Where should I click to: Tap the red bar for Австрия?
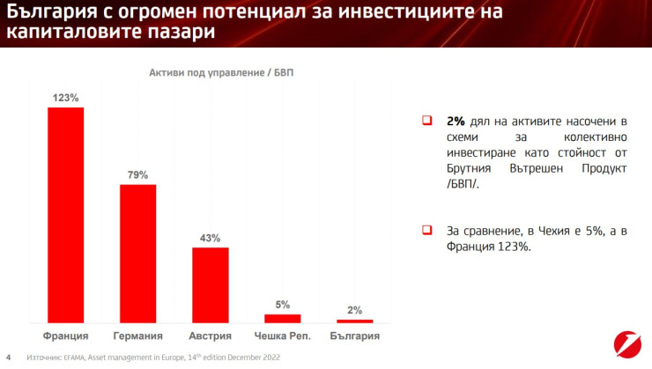210,284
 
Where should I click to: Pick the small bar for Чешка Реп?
282,317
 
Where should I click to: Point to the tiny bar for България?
354,321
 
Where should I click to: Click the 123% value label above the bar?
65,98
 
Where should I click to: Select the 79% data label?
137,175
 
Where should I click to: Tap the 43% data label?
210,238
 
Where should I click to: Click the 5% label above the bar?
282,305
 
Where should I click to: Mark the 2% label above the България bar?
354,310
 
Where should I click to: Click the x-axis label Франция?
65,336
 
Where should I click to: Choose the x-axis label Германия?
137,336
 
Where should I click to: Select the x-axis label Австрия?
210,336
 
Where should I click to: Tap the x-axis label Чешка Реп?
282,336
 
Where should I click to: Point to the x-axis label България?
354,336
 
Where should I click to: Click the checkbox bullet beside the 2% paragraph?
426,121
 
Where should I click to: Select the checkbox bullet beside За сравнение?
426,230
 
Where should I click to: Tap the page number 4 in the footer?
8,358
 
